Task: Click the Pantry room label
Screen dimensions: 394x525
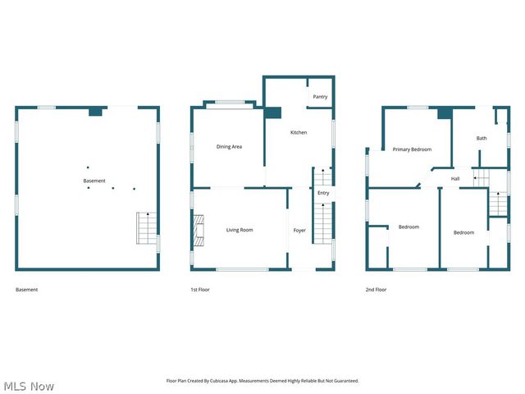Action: (320, 97)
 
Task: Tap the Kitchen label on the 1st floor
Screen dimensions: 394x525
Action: (299, 132)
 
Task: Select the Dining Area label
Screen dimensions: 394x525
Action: (229, 147)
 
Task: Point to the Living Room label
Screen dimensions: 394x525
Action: (240, 230)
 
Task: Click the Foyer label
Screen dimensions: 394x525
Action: (299, 230)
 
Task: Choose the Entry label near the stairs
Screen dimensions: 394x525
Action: (323, 193)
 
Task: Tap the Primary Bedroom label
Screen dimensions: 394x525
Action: (412, 149)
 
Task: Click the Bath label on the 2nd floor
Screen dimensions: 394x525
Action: (482, 138)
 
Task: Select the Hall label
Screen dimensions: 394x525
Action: (455, 178)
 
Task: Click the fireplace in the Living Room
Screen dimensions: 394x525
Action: (198, 230)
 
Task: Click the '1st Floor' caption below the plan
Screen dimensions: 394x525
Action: (199, 290)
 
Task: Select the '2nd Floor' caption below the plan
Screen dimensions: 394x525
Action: (376, 290)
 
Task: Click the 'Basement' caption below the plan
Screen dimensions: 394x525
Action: (27, 290)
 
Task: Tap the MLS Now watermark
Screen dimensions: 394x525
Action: (29, 386)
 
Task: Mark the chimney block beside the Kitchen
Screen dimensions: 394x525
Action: (272, 113)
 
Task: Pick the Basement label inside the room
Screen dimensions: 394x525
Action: (94, 181)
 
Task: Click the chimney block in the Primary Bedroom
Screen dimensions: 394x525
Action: (444, 114)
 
